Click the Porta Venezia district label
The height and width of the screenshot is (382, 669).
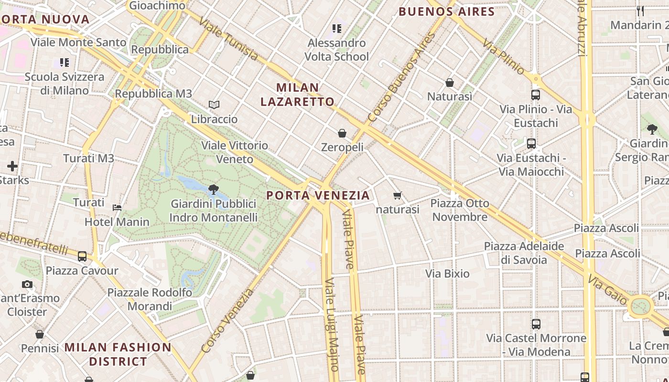tap(318, 195)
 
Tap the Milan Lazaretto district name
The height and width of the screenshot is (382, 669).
tap(297, 95)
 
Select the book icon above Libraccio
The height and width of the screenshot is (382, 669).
tap(214, 105)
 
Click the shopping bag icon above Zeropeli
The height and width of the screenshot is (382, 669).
tap(342, 133)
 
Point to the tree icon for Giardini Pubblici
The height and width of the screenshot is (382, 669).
tap(214, 190)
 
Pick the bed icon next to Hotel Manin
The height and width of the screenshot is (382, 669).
tap(117, 207)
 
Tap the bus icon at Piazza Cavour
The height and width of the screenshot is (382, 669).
tap(82, 256)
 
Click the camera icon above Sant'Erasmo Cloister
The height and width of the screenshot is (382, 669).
tap(27, 285)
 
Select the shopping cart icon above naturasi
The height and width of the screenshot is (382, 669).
tap(397, 195)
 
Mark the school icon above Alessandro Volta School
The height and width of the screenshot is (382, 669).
tap(337, 29)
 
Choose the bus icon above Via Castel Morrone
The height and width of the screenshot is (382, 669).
tap(536, 324)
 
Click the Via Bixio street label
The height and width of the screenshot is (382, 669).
tap(447, 274)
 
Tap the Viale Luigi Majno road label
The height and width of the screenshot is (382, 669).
tap(331, 325)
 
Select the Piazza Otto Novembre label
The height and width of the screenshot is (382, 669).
tap(460, 210)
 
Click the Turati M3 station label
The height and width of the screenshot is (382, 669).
tap(88, 159)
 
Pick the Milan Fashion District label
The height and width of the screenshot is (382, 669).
tap(118, 354)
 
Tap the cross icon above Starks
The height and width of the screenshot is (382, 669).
tap(12, 166)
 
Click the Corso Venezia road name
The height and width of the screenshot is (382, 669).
tap(227, 321)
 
